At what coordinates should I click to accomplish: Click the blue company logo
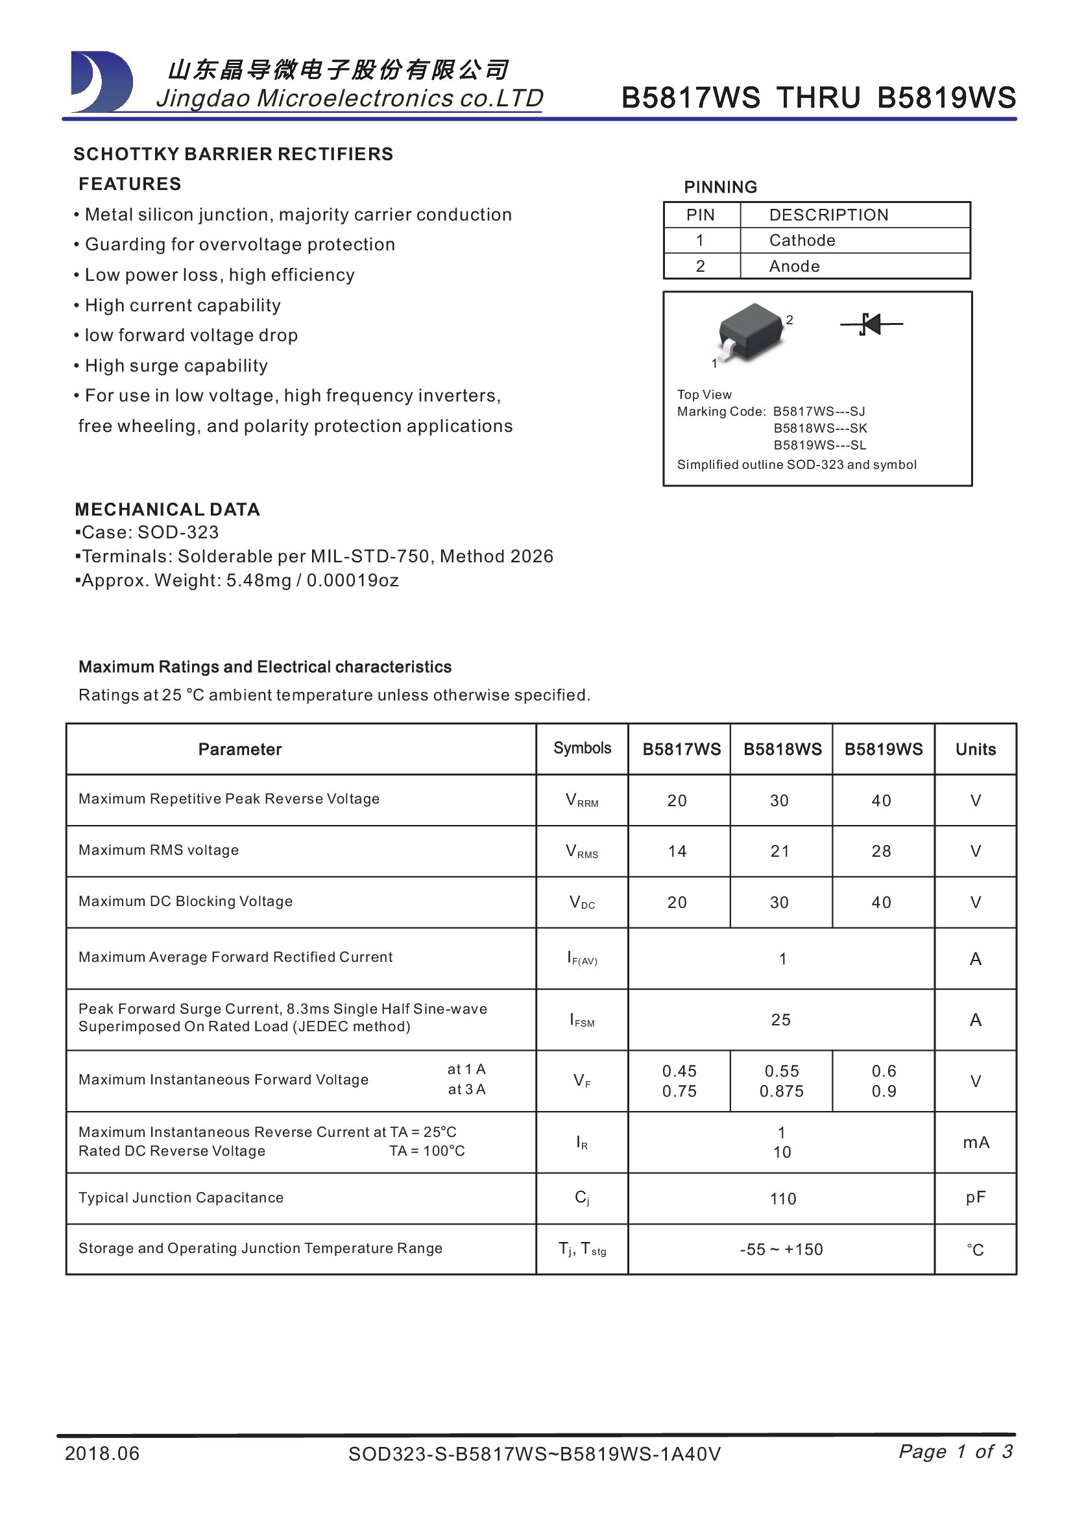tap(102, 82)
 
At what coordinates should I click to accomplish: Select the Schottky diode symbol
tap(871, 324)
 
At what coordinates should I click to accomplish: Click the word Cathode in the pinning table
tap(801, 241)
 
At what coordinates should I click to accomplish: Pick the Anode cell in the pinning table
tap(794, 267)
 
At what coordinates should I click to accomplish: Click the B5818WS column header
tap(782, 749)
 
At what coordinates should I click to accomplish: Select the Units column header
tap(975, 749)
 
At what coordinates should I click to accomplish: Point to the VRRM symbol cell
tap(581, 800)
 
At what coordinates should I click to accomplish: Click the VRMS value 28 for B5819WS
tap(882, 851)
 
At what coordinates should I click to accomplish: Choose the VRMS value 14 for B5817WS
tap(677, 851)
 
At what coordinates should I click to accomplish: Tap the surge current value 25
tap(781, 1020)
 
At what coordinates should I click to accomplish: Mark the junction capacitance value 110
tap(783, 1199)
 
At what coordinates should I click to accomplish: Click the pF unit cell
tap(975, 1197)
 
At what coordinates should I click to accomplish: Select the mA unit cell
tap(975, 1142)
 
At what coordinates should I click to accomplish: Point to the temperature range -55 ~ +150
tap(781, 1249)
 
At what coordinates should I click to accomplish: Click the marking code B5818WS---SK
tap(820, 428)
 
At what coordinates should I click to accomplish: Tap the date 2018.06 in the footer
tap(102, 1453)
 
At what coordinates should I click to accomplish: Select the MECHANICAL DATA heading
tap(167, 509)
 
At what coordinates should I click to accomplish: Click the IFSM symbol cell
tap(581, 1020)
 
